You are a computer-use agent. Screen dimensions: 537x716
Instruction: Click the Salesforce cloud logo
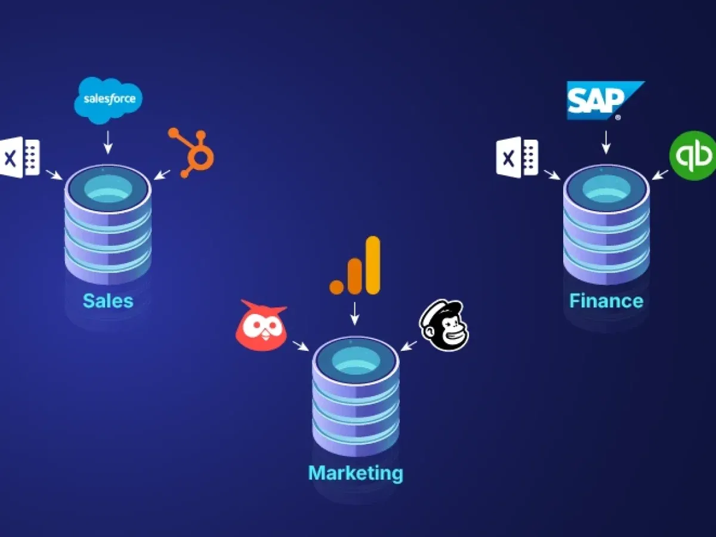coord(109,100)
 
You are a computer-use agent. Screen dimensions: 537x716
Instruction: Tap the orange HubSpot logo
coord(192,152)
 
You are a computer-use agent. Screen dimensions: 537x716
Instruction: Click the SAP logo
coord(603,100)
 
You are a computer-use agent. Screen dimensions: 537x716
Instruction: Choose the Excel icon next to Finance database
coord(517,157)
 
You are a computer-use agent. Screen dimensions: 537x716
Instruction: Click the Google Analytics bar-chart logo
coord(356,266)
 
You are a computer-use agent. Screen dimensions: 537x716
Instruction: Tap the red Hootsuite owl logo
coord(261,326)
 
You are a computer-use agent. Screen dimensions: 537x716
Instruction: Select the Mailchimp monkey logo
coord(445,325)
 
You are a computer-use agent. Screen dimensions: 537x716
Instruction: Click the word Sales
coord(108,300)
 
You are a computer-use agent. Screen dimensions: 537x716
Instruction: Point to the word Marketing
coord(356,473)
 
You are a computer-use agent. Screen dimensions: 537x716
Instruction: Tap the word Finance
coord(606,300)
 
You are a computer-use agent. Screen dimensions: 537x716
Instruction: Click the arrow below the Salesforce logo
coord(108,142)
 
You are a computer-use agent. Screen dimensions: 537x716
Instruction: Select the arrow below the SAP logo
coord(606,142)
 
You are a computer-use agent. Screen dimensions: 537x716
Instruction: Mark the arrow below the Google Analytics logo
coord(356,314)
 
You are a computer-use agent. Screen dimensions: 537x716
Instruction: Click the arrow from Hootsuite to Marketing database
coord(301,345)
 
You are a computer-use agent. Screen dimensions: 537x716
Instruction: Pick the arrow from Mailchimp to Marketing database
coord(409,345)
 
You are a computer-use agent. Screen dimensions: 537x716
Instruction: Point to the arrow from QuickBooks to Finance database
coord(659,174)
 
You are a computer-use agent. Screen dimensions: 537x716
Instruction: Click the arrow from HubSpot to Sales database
coord(162,174)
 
